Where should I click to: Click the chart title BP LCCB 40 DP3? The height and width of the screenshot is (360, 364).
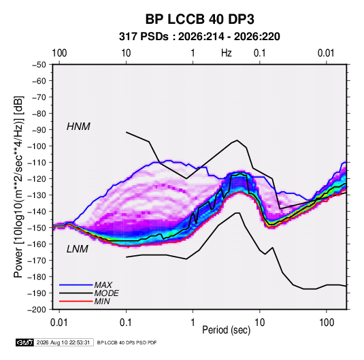pyautogui.click(x=199, y=19)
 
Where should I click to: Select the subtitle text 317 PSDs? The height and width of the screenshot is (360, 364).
pyautogui.click(x=144, y=37)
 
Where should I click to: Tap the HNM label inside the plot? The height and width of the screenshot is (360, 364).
pyautogui.click(x=78, y=127)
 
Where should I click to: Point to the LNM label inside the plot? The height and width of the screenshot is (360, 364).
pyautogui.click(x=78, y=249)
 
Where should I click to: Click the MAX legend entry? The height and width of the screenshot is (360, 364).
pyautogui.click(x=103, y=284)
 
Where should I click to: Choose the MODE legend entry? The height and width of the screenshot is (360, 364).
pyautogui.click(x=106, y=293)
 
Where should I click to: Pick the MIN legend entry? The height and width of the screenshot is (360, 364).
pyautogui.click(x=102, y=301)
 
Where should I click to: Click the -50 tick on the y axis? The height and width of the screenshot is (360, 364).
pyautogui.click(x=39, y=65)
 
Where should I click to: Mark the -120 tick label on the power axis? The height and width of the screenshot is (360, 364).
pyautogui.click(x=37, y=179)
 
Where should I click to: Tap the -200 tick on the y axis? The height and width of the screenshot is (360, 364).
pyautogui.click(x=37, y=310)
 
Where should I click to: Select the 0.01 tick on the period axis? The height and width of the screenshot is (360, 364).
pyautogui.click(x=59, y=323)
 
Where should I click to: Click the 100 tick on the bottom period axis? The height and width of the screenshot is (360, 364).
pyautogui.click(x=327, y=323)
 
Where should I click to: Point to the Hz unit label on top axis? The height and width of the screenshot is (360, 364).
pyautogui.click(x=227, y=53)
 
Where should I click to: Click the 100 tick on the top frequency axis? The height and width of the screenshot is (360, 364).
pyautogui.click(x=59, y=53)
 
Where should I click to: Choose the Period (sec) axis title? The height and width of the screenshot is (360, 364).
pyautogui.click(x=227, y=330)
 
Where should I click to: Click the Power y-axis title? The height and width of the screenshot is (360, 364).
pyautogui.click(x=18, y=186)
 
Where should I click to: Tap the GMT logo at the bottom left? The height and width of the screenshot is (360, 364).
pyautogui.click(x=24, y=342)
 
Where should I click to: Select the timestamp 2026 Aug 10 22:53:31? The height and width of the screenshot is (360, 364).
pyautogui.click(x=63, y=342)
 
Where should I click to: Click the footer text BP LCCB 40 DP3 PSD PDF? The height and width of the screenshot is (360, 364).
pyautogui.click(x=127, y=342)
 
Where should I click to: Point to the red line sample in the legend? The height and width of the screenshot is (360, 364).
pyautogui.click(x=76, y=301)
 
